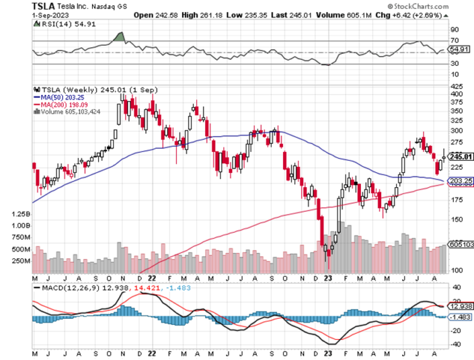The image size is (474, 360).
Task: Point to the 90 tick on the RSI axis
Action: click(x=455, y=30)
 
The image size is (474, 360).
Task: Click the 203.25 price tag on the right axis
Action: click(x=459, y=181)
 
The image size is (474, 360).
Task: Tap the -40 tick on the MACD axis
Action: click(x=455, y=344)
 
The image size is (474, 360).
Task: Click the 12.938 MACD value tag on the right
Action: click(x=460, y=306)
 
